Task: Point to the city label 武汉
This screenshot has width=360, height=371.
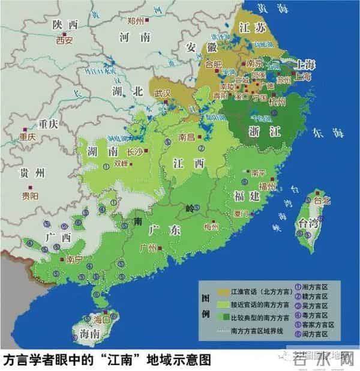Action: click(163, 94)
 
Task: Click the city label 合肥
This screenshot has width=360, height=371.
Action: click(214, 64)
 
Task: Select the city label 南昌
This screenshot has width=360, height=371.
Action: click(187, 137)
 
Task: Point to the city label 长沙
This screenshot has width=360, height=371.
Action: click(136, 152)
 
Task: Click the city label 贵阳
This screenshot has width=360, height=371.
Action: click(29, 196)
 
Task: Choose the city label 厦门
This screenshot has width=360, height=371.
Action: click(242, 213)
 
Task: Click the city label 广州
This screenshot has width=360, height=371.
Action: click(148, 247)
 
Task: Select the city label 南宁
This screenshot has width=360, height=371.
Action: click(74, 260)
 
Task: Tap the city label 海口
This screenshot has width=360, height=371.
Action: click(102, 320)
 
